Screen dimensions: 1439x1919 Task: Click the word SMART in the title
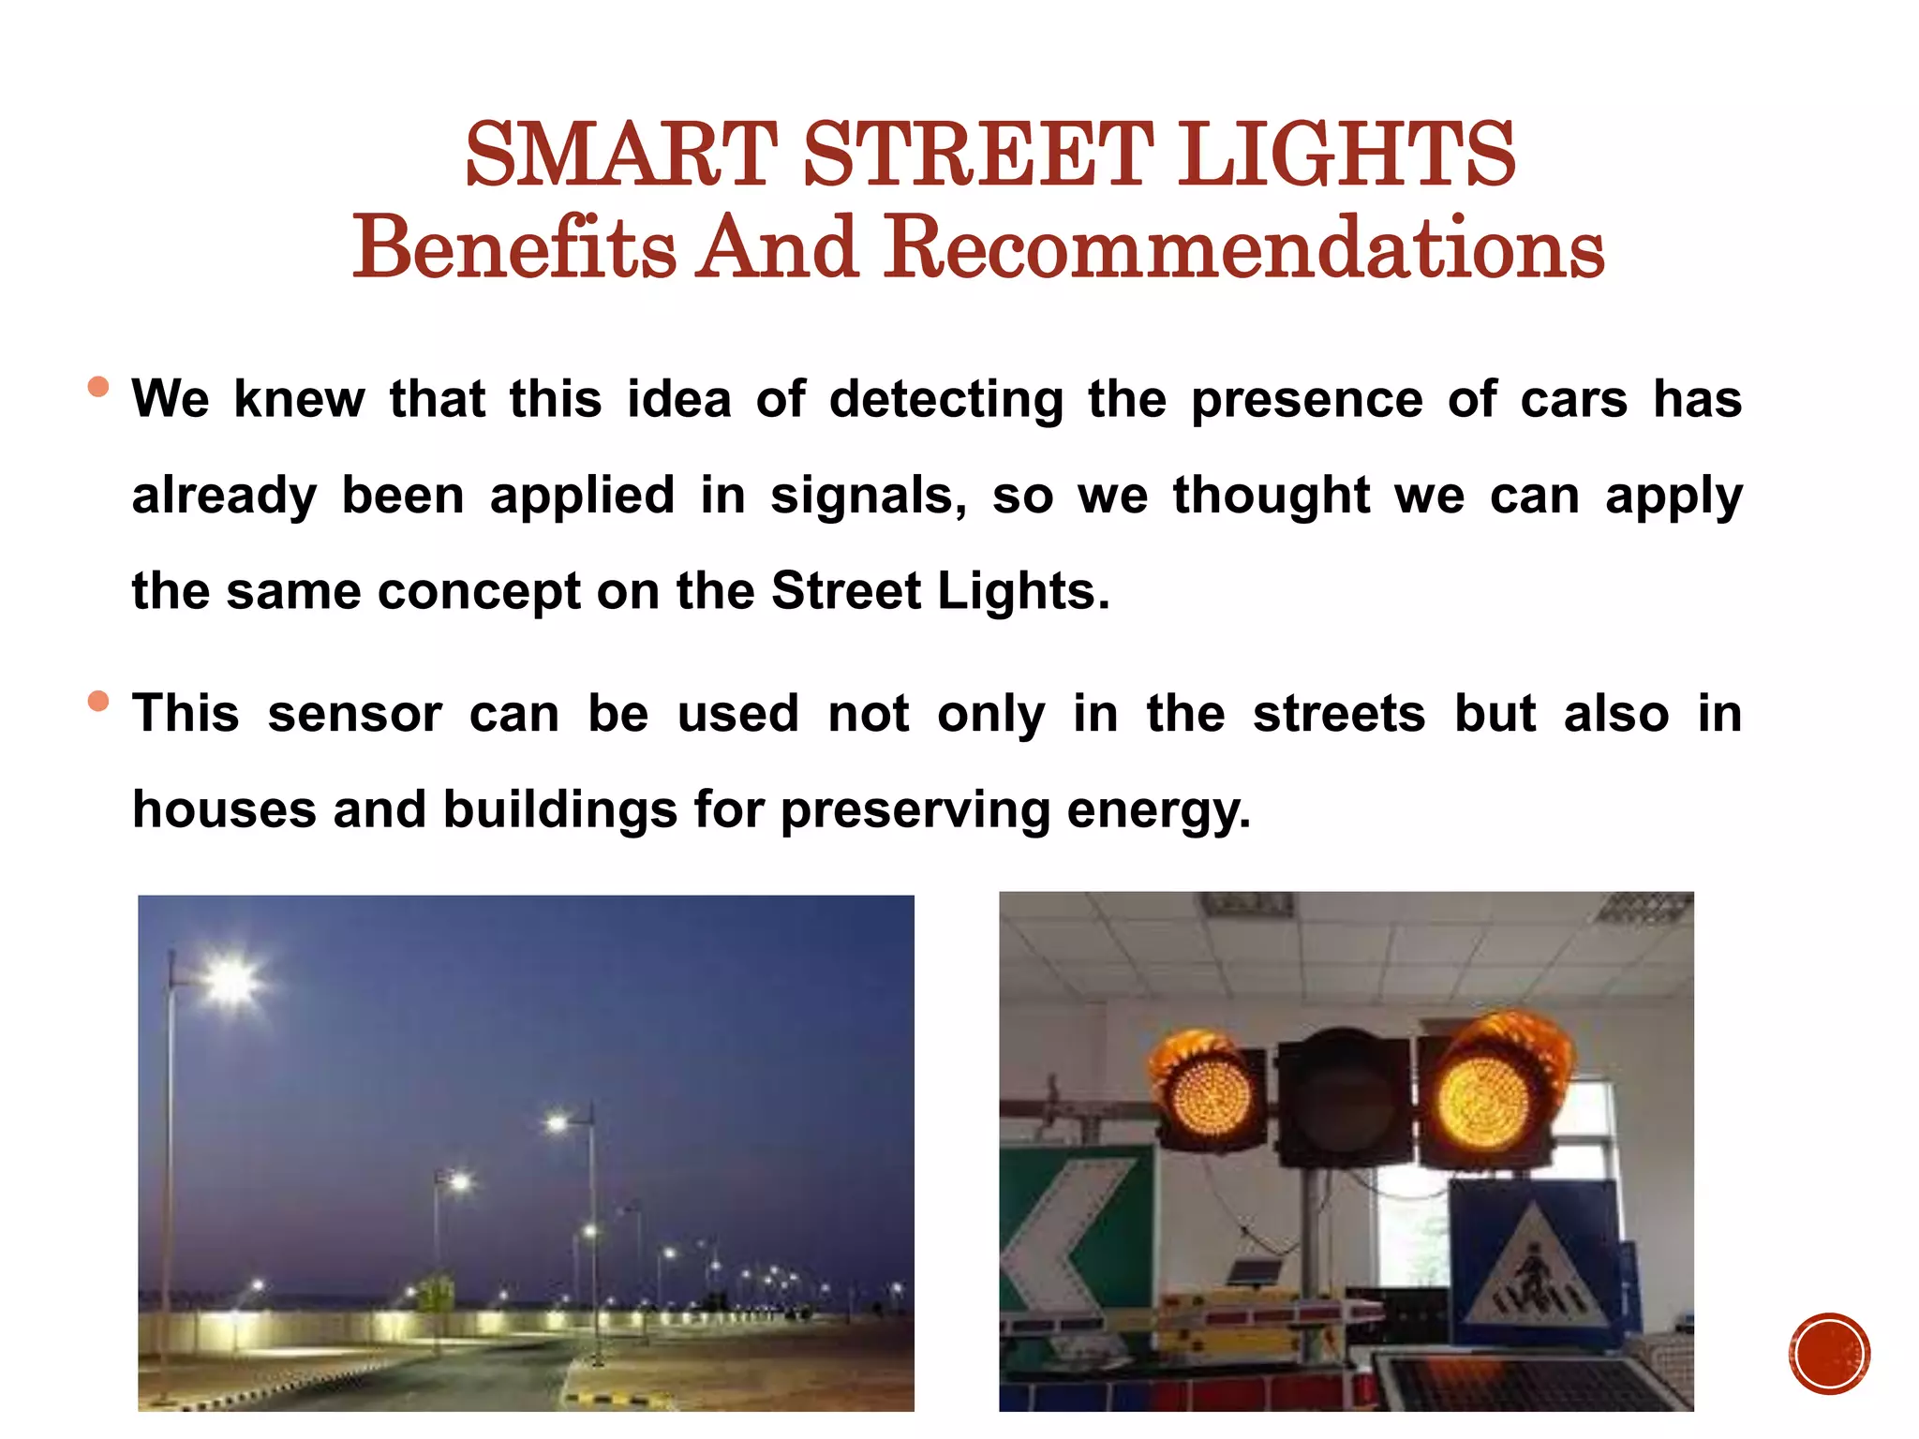pyautogui.click(x=620, y=155)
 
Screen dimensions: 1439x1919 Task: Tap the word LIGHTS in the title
pyautogui.click(x=1346, y=155)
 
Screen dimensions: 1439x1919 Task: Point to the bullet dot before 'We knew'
pyautogui.click(x=98, y=387)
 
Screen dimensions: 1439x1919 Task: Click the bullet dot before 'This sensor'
pyautogui.click(x=98, y=701)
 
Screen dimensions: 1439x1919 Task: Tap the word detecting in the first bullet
pyautogui.click(x=945, y=400)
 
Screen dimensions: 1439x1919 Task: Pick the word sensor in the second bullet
pyautogui.click(x=354, y=714)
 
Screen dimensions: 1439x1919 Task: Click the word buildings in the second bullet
pyautogui.click(x=559, y=809)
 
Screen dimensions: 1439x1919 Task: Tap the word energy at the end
pyautogui.click(x=1158, y=811)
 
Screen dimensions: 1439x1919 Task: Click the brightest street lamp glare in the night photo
pyautogui.click(x=230, y=981)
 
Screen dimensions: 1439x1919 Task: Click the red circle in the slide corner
pyautogui.click(x=1829, y=1354)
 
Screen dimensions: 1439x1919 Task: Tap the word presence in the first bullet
pyautogui.click(x=1306, y=400)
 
